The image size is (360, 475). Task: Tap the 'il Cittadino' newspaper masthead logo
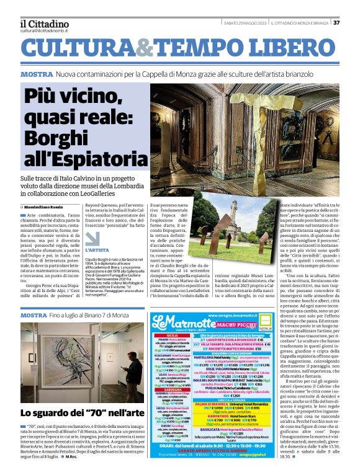tap(43, 22)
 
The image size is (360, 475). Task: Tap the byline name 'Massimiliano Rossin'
tap(47, 206)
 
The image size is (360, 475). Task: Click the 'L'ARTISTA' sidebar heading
tap(96, 249)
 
